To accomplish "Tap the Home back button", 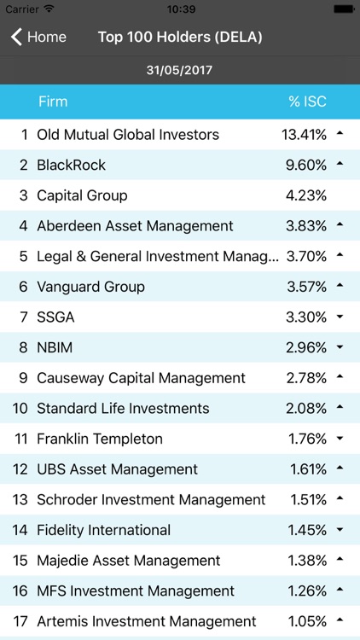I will pos(38,37).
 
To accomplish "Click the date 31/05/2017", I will pos(180,70).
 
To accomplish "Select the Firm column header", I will pos(53,102).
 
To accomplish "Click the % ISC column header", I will pos(307,102).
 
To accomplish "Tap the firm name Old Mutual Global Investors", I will pos(128,134).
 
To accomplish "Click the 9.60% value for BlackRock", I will pos(306,165).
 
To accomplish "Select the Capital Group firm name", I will pos(82,195).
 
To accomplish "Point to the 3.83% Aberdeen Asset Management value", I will pos(306,226).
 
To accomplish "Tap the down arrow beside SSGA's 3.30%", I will pos(340,317).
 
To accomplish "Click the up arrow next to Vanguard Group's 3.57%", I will pos(340,286).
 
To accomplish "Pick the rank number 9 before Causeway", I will pos(24,378).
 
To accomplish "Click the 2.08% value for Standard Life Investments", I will pos(306,409).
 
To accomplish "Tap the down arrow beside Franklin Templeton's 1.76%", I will pos(340,439).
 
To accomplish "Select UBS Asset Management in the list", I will pos(117,469).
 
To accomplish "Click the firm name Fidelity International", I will pos(104,530).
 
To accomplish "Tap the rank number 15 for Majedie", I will pos(20,561).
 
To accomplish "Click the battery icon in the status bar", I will pos(343,9).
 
